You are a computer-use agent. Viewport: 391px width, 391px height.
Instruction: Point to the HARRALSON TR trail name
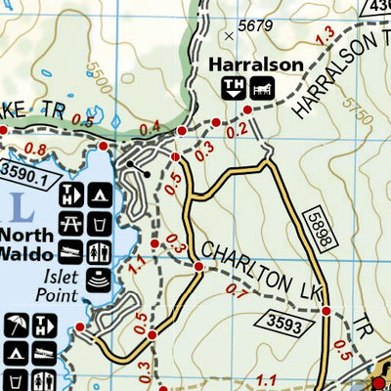[330, 77]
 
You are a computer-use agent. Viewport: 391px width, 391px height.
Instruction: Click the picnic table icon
[70, 224]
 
